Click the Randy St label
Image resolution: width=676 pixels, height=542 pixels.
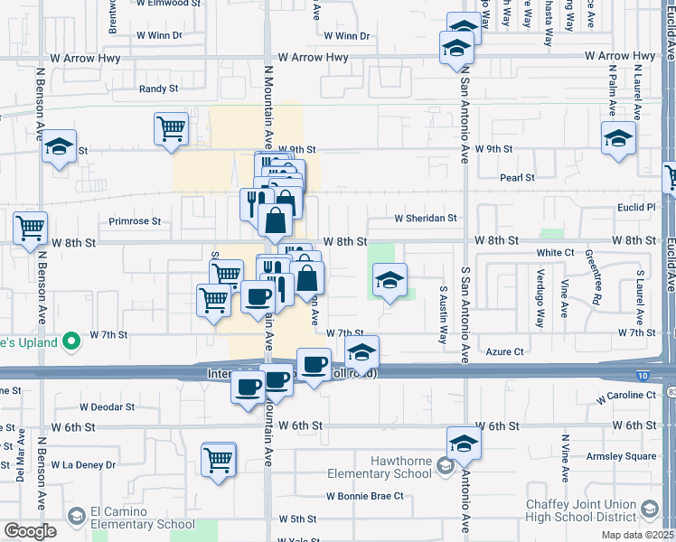point(159,89)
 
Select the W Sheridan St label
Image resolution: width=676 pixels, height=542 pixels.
point(426,218)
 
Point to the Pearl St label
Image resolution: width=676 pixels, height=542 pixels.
point(518,178)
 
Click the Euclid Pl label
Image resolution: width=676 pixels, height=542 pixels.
point(637,207)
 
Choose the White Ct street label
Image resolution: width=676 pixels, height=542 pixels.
point(555,254)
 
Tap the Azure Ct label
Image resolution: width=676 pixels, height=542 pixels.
point(505,351)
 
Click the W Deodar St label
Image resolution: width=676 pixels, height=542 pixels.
point(107,407)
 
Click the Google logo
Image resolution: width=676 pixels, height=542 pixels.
point(30,531)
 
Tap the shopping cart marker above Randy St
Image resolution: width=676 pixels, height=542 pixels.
point(171,128)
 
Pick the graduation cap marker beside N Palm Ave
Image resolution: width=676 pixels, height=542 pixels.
point(618,139)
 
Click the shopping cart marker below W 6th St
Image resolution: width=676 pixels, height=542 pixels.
point(219,459)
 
